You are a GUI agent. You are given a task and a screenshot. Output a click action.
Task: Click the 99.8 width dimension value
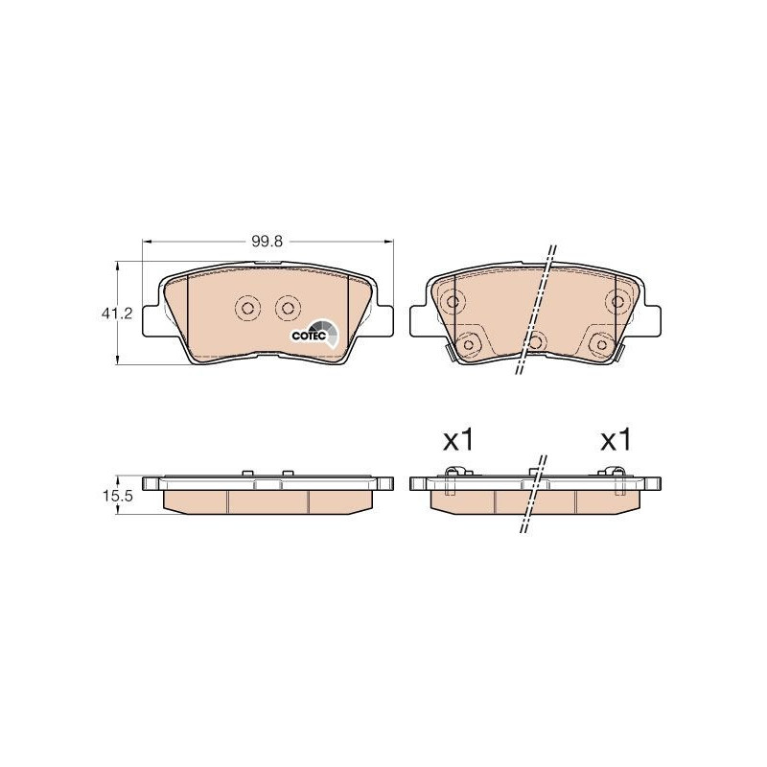tap(267, 242)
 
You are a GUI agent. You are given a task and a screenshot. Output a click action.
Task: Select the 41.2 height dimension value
tap(116, 314)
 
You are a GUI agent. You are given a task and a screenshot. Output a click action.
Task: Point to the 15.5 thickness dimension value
tap(117, 497)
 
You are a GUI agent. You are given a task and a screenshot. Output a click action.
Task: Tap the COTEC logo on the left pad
tap(314, 333)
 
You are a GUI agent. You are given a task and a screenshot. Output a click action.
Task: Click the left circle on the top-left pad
tap(247, 308)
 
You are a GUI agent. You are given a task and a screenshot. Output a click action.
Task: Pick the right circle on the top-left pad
tap(288, 308)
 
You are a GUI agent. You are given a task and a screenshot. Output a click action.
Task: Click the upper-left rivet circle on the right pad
tap(453, 301)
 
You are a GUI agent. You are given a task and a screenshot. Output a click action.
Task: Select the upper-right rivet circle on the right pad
tap(617, 301)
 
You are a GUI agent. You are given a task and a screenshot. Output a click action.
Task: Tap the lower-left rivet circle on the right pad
tap(468, 344)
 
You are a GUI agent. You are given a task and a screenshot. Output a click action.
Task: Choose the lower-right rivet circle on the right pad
tap(601, 344)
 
